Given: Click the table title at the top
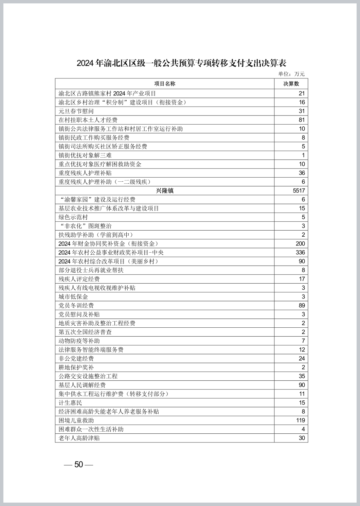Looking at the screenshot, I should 181,63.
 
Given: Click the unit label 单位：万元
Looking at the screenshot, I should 291,74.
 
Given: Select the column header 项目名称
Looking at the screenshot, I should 165,84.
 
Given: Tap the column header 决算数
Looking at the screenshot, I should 291,84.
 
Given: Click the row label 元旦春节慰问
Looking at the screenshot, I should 76,111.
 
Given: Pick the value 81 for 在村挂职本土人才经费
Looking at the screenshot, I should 302,120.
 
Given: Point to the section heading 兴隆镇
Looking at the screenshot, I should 165,191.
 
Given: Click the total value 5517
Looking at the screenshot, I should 299,191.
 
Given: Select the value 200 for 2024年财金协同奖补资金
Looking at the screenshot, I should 300,244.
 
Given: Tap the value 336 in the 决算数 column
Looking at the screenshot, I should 300,253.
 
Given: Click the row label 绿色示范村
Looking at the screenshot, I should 73,217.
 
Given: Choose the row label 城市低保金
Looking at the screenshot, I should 73,297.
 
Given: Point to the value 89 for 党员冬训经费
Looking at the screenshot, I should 302,306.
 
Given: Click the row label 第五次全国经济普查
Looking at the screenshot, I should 85,332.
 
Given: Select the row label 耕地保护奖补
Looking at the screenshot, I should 76,367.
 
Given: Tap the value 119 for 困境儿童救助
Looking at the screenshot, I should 300,420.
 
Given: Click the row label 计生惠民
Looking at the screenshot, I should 70,403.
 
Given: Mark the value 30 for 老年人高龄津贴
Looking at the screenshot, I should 302,438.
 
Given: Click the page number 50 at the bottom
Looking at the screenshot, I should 78,465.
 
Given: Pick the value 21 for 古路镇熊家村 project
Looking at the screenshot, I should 302,93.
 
